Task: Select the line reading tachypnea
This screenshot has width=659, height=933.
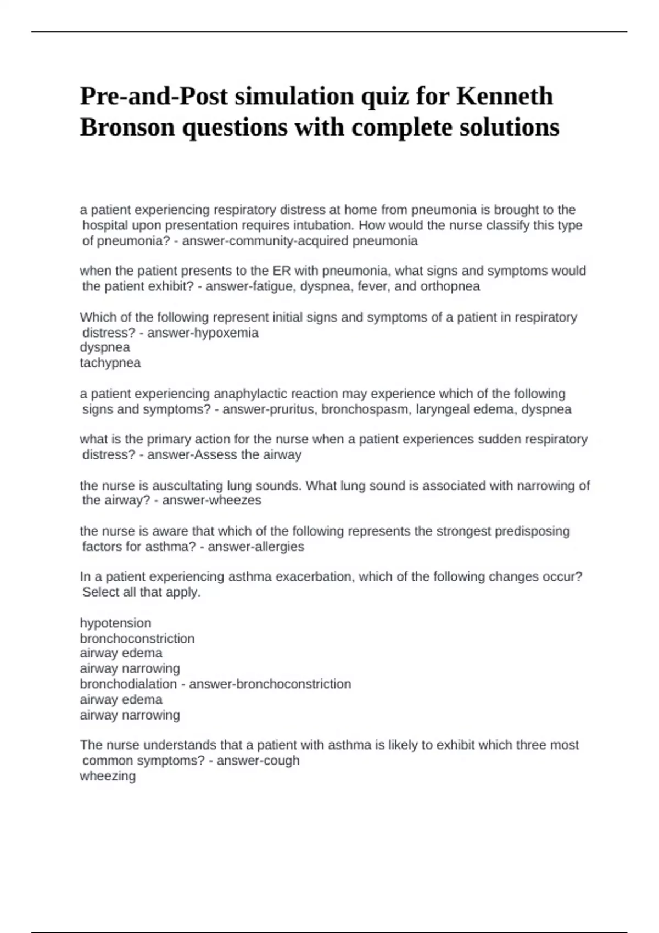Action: click(x=110, y=363)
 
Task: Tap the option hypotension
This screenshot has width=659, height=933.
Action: click(x=115, y=623)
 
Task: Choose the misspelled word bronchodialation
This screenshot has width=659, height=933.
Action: click(x=129, y=684)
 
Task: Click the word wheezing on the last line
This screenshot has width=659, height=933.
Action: click(x=108, y=777)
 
